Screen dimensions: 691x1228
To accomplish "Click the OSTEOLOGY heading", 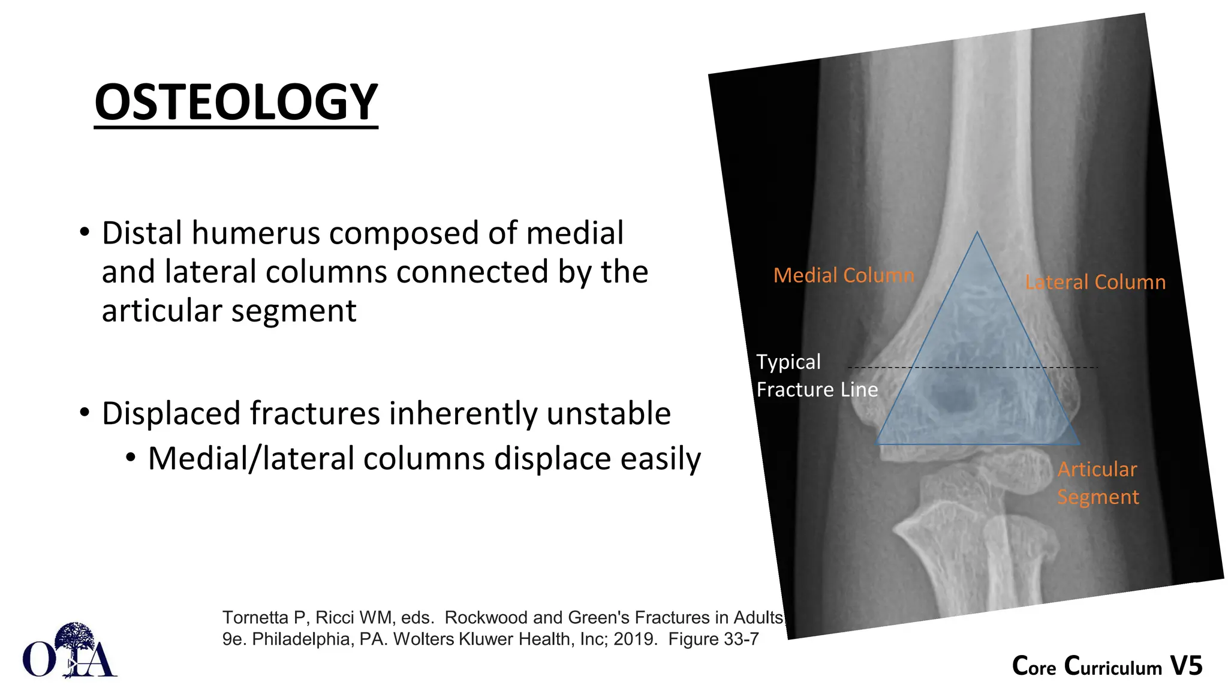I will [x=236, y=102].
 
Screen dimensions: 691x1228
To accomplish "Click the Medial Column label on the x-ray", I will [x=844, y=275].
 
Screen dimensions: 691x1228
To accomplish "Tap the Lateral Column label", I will [x=1095, y=282].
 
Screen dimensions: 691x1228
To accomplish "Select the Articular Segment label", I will [x=1097, y=483].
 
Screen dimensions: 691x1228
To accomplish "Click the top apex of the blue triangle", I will [x=977, y=233].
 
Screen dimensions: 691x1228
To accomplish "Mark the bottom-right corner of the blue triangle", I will [x=1079, y=444].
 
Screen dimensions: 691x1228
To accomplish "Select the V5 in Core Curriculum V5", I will [x=1186, y=666].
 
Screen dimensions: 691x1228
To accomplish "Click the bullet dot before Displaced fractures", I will [x=85, y=413].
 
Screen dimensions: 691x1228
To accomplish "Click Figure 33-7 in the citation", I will [x=714, y=639].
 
